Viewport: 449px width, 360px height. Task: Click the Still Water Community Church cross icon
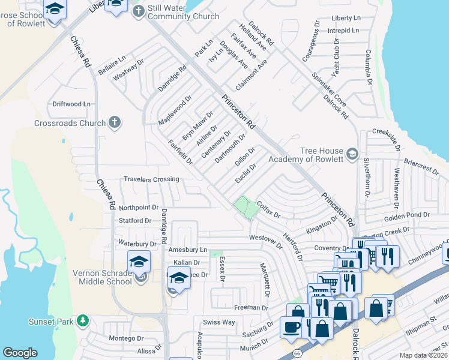[x=139, y=11]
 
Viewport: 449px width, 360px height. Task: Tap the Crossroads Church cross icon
[x=114, y=122]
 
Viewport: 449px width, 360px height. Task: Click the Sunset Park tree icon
[x=82, y=321]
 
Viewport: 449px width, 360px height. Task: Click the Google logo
[x=20, y=353]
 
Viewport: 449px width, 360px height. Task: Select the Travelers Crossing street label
[x=151, y=179]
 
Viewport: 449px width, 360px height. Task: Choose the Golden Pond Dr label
[x=410, y=215]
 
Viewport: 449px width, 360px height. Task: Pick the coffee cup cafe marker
[x=292, y=327]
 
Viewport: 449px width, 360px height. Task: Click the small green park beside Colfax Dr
[x=243, y=206]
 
